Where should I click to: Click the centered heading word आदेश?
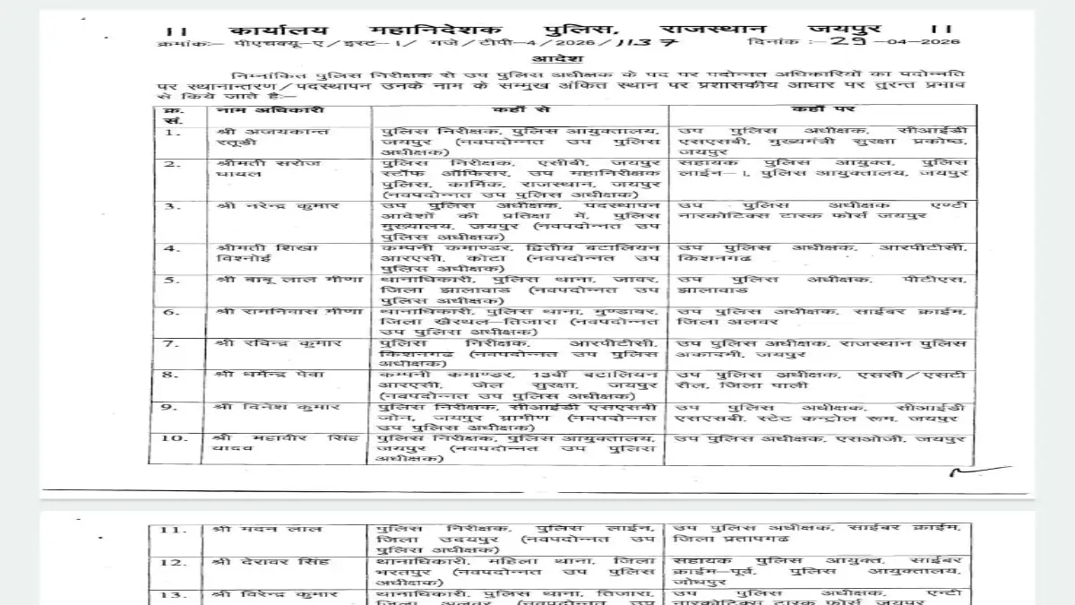[537, 57]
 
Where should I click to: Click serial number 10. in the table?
[175, 438]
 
